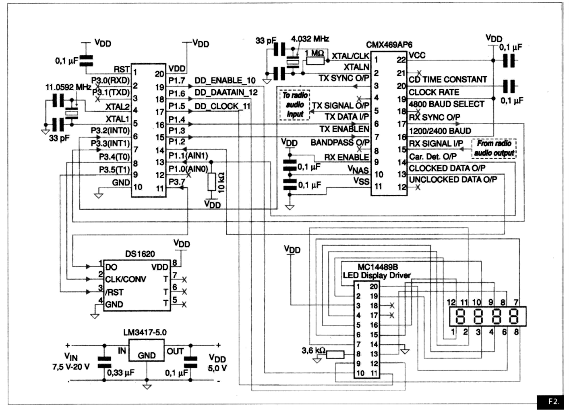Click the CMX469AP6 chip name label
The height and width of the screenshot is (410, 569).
pos(389,45)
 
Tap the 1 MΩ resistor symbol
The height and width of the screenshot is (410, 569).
pos(315,61)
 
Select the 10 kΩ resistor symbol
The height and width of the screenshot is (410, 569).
pos(212,182)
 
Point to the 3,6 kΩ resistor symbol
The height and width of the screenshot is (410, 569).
pos(335,355)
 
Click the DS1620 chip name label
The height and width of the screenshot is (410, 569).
pos(140,254)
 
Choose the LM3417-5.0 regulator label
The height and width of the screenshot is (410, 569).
pos(145,333)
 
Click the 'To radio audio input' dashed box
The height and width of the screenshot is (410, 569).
pos(295,105)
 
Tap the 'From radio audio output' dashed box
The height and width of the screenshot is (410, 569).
pos(494,148)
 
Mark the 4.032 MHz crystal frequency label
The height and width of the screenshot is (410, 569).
pos(310,39)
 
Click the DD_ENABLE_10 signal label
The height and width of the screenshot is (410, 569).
pos(225,81)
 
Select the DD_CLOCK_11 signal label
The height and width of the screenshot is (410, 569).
pos(222,106)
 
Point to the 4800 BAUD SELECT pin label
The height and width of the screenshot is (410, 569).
pos(446,104)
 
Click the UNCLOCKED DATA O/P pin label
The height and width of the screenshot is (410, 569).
pos(453,180)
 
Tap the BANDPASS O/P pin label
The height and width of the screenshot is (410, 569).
pos(340,143)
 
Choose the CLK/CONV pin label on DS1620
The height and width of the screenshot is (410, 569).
pos(125,279)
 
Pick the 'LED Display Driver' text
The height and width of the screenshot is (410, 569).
pos(377,275)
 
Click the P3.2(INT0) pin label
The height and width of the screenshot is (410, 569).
pos(110,131)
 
